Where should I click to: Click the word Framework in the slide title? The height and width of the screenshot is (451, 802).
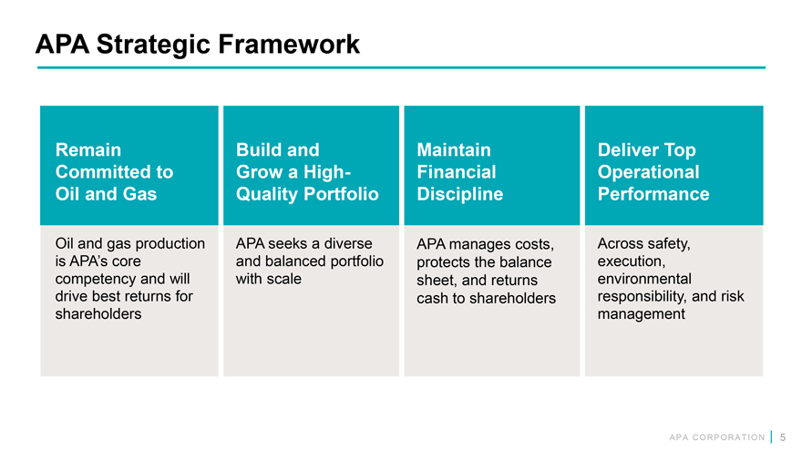tap(289, 44)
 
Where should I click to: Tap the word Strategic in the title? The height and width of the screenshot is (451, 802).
tap(153, 45)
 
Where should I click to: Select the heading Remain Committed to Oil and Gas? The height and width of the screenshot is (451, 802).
tap(114, 172)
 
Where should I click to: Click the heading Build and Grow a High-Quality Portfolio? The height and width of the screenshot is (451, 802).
tap(307, 172)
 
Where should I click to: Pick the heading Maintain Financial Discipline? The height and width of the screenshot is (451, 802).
tap(460, 172)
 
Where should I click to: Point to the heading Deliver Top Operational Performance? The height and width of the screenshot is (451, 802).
tap(653, 172)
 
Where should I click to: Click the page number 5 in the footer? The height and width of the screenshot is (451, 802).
tap(783, 437)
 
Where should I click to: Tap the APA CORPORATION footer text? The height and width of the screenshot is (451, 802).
tap(717, 437)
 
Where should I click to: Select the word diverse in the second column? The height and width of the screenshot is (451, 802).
tap(348, 243)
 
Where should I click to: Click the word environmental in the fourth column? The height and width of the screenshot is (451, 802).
tap(644, 279)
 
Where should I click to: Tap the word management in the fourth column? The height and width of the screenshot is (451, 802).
tap(642, 314)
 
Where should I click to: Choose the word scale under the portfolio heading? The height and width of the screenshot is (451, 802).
tap(285, 279)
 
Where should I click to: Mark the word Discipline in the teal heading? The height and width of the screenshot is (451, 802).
tap(460, 194)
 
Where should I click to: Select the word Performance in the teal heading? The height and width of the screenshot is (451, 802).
tap(653, 194)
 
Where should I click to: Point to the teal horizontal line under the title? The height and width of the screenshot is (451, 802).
tap(402, 67)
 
